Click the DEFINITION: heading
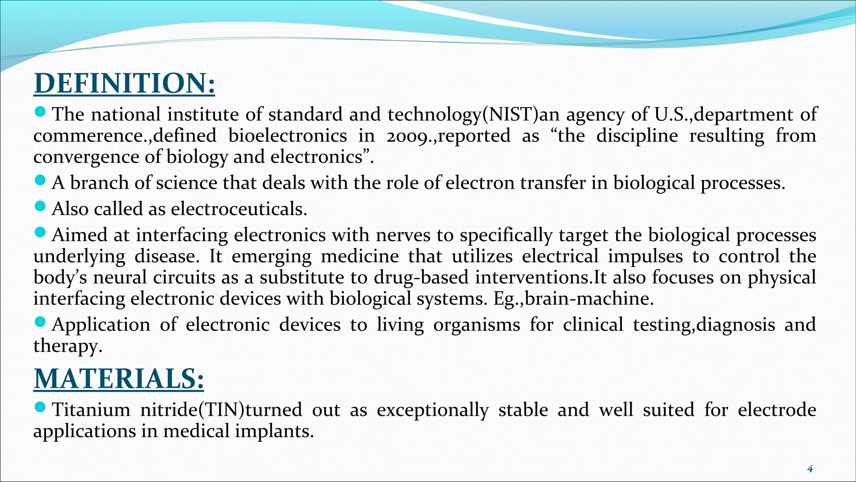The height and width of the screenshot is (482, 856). [124, 83]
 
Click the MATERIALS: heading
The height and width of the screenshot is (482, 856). [119, 379]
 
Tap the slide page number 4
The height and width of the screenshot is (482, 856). [810, 469]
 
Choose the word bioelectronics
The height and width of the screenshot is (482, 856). [288, 136]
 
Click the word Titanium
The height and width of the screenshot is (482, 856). [91, 410]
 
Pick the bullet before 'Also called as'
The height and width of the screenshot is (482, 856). [40, 206]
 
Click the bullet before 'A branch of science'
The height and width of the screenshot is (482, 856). [40, 180]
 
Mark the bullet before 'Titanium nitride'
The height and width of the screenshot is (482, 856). [40, 407]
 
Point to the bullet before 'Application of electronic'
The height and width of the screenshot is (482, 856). [40, 322]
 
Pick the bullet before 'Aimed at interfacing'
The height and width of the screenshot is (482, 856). [40, 232]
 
